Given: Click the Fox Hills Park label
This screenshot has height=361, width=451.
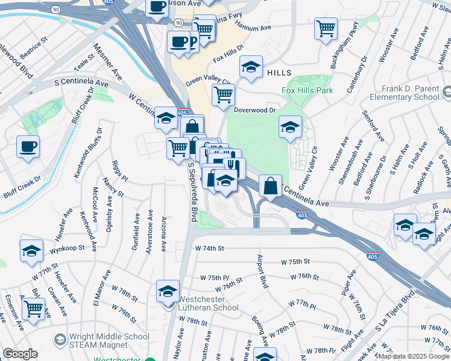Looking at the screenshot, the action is pyautogui.click(x=308, y=91).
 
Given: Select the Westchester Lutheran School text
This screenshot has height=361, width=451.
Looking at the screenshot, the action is pyautogui.click(x=209, y=303).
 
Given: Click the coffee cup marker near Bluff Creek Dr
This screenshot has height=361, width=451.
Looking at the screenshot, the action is pyautogui.click(x=27, y=147).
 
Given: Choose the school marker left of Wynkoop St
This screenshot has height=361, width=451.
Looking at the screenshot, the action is pyautogui.click(x=31, y=253).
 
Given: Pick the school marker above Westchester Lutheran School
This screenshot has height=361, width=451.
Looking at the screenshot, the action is pyautogui.click(x=168, y=292).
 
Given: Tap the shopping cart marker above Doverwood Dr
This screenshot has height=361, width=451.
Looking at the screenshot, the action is pyautogui.click(x=223, y=94).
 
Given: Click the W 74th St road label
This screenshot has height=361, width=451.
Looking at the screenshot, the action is pyautogui.click(x=209, y=248).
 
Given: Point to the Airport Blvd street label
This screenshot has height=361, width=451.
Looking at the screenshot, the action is pyautogui.click(x=262, y=271).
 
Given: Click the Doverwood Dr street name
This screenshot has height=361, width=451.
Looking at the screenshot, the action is pyautogui.click(x=254, y=110).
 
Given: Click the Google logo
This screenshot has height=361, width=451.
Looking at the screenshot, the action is pyautogui.click(x=20, y=354).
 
